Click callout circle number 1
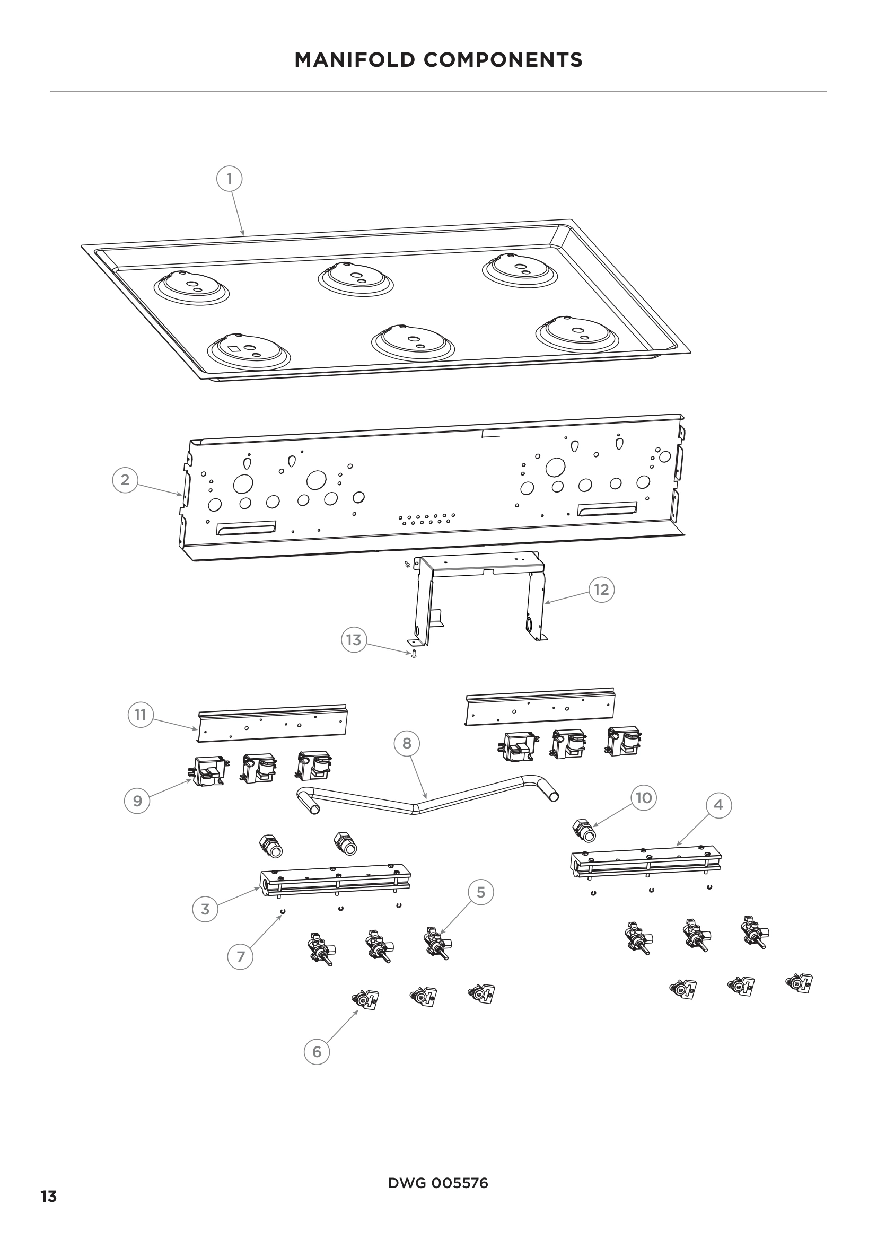tap(229, 179)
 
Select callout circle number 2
tap(125, 480)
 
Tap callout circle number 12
tap(601, 590)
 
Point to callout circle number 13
tap(354, 640)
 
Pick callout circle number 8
tap(407, 744)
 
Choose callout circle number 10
tap(644, 798)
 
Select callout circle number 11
tap(141, 715)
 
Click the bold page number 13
tap(49, 1177)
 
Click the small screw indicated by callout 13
tap(414, 655)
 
